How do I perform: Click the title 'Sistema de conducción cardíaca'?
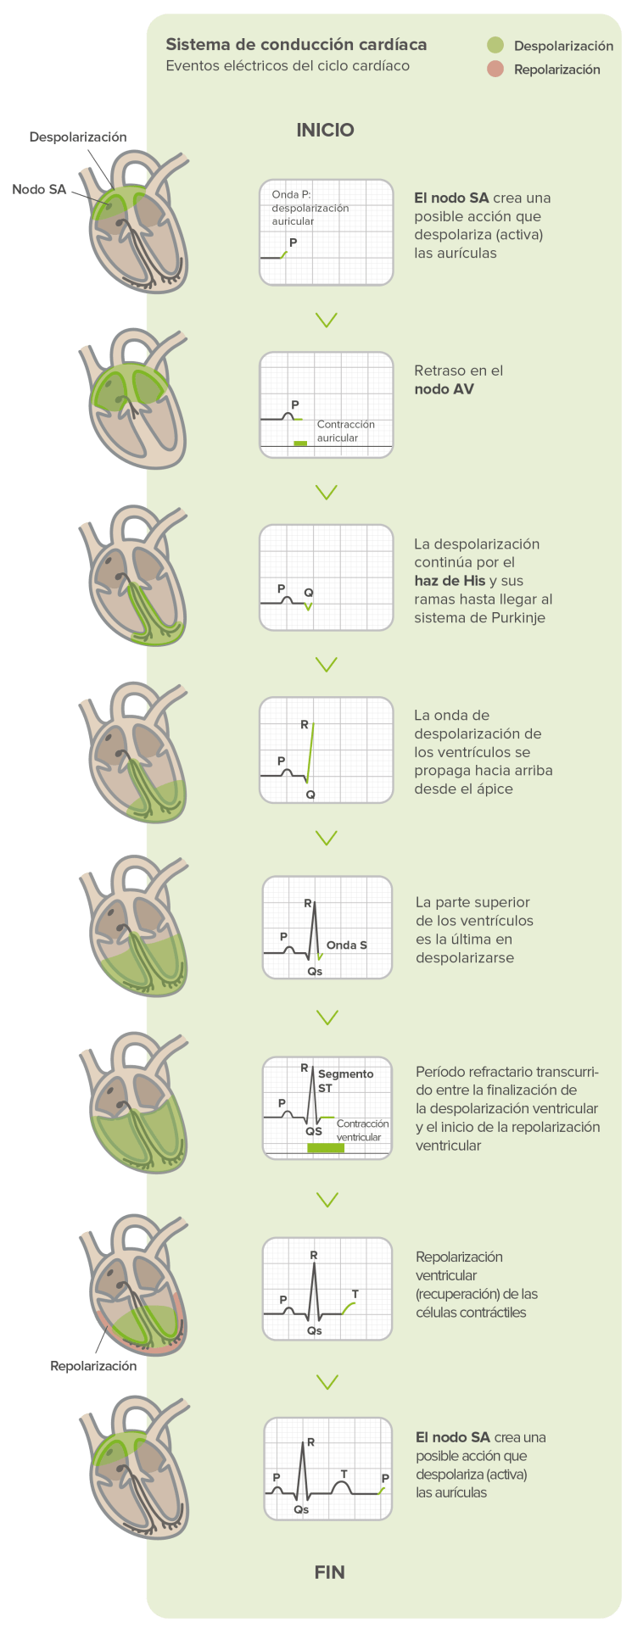[x=296, y=45]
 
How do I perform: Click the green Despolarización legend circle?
[x=495, y=46]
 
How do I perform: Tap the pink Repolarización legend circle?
[x=495, y=70]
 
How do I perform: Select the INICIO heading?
[x=325, y=130]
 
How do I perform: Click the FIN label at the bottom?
[x=329, y=1572]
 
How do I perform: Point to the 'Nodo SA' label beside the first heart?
[x=39, y=189]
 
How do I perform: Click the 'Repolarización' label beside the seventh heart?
[x=93, y=1366]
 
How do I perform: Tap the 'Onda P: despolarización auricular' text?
[x=310, y=208]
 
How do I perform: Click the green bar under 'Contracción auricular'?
[x=300, y=443]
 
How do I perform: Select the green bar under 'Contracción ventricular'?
[x=326, y=1147]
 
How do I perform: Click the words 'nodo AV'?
[x=444, y=389]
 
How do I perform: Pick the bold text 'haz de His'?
[x=450, y=581]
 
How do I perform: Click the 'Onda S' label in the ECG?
[x=346, y=945]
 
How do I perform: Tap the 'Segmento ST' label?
[x=344, y=1080]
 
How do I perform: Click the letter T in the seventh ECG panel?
[x=355, y=1294]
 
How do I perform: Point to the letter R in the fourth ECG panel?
[x=305, y=725]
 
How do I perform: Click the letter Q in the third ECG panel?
[x=309, y=593]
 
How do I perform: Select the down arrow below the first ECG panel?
[x=326, y=320]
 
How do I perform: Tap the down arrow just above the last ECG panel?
[x=327, y=1382]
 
